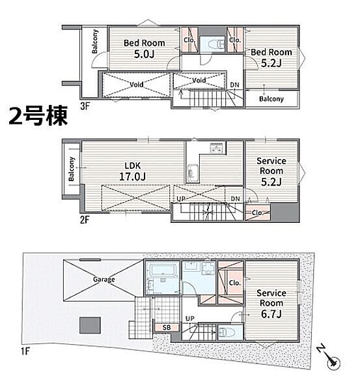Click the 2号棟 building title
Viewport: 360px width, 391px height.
(38, 116)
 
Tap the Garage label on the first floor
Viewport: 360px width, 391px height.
(104, 280)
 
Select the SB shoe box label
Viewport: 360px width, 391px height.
(167, 327)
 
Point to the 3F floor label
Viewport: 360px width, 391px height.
(85, 106)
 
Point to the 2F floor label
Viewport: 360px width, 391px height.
(85, 220)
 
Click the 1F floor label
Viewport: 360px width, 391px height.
(25, 351)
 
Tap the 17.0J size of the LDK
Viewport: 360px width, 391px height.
(133, 177)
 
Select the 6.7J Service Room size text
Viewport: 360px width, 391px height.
(271, 313)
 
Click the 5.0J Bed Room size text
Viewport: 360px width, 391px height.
(145, 54)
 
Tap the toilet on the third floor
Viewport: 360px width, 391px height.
(219, 44)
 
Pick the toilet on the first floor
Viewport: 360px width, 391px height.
(225, 332)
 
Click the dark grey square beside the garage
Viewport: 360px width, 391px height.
(90, 325)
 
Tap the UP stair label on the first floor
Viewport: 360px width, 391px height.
(190, 319)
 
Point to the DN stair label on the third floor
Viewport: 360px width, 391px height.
(235, 85)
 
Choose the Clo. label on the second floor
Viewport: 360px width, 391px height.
(257, 212)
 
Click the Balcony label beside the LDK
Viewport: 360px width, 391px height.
(72, 169)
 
